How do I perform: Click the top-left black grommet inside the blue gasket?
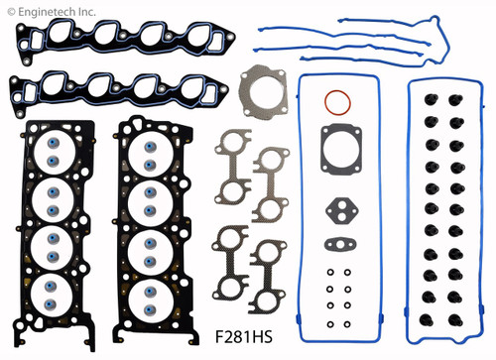coord(434,102)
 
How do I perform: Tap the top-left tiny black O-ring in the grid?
coord(328,275)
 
